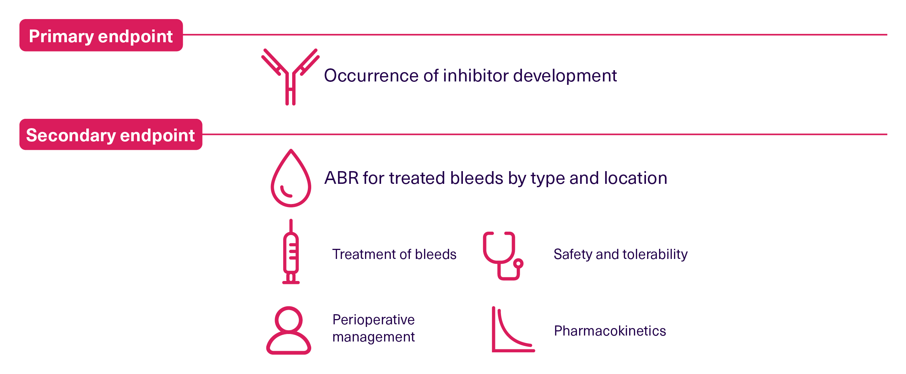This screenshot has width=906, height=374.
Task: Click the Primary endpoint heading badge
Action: (101, 35)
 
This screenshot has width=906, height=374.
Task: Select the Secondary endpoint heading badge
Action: (111, 135)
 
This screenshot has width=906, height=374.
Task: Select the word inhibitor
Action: (476, 76)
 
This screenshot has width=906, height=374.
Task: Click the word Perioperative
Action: (374, 320)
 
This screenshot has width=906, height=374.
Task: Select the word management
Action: (374, 337)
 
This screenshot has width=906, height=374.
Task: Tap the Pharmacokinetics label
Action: (610, 331)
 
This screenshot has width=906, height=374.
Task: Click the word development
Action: (565, 76)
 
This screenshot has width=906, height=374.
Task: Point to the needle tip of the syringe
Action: (291, 220)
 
